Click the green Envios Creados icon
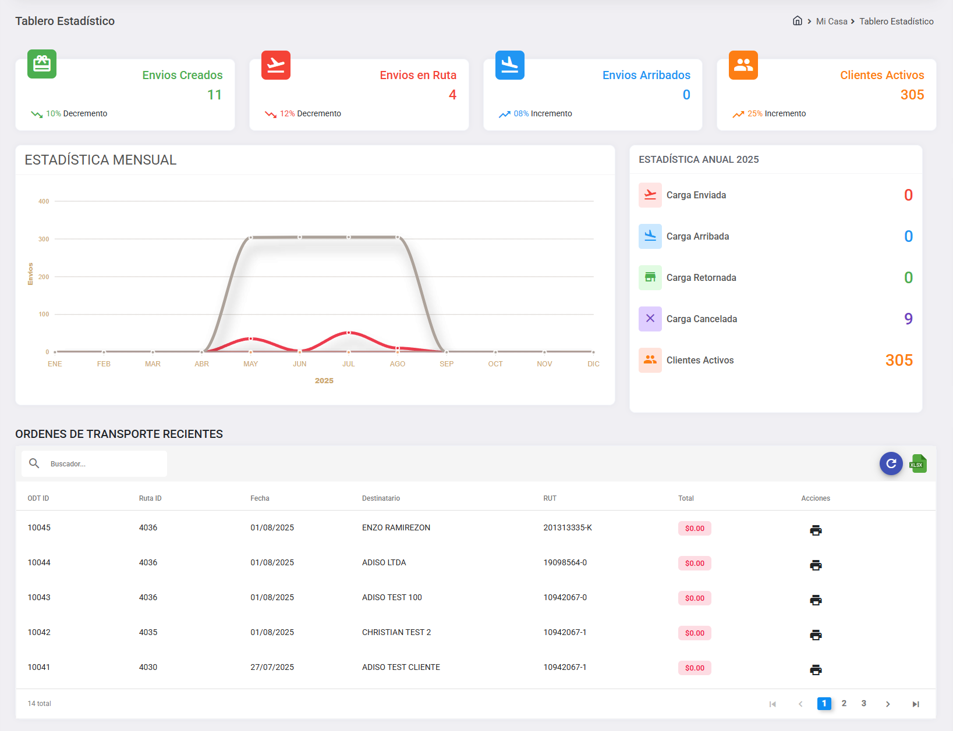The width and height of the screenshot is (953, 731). [x=42, y=64]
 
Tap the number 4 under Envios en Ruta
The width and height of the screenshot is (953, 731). [x=452, y=95]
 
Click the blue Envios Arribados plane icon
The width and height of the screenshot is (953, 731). [x=509, y=65]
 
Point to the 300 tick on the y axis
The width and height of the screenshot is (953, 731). [x=44, y=239]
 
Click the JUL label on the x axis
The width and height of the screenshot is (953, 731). [x=348, y=364]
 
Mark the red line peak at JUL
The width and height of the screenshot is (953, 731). [x=348, y=333]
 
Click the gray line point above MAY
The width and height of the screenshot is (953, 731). [x=251, y=237]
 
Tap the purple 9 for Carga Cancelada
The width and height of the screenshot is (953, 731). [x=908, y=319]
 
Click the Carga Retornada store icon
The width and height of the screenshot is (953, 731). [x=650, y=277]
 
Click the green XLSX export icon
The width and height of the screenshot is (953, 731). [x=918, y=463]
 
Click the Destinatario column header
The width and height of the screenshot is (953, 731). [x=381, y=498]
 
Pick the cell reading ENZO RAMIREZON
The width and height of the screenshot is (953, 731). [x=396, y=527]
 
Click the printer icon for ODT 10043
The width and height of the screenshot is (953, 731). [x=816, y=600]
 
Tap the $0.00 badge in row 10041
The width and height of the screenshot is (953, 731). [x=695, y=668]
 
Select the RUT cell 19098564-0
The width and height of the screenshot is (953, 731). [x=565, y=562]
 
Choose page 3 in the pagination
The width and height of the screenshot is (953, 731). [x=864, y=704]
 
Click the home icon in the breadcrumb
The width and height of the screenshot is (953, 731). [x=798, y=21]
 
